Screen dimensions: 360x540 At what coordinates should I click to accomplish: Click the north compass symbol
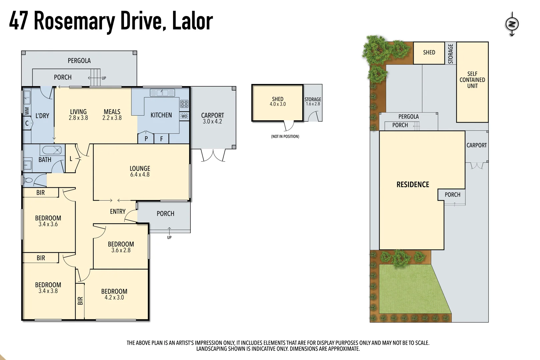pos(512,24)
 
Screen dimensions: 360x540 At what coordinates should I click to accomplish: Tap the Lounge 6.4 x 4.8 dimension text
pos(140,174)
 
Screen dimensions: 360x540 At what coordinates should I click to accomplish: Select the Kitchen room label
pos(161,115)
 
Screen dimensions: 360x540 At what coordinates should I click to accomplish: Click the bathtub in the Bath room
pos(52,150)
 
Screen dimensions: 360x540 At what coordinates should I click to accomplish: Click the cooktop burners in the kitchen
pos(184,104)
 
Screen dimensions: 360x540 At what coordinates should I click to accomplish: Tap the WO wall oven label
pos(184,116)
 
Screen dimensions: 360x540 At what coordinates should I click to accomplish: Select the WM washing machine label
pos(27,111)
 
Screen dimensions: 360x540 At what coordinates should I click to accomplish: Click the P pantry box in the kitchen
pos(146,139)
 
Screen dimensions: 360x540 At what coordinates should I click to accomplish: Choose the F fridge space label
pos(161,139)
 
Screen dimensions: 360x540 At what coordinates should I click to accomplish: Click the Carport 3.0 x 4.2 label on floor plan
pos(212,118)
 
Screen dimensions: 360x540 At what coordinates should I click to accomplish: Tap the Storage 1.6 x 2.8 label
pos(313,101)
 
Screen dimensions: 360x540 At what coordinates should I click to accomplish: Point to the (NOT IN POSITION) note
pos(285,136)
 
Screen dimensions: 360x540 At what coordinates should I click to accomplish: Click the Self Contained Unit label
pos(472,80)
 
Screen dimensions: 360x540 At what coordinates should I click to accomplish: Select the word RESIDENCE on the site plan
pos(413,184)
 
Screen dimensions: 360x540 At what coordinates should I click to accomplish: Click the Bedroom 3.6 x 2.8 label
pos(121,247)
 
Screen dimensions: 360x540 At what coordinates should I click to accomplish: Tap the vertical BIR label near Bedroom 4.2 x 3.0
pos(80,301)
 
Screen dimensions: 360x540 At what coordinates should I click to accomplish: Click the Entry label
pos(118,211)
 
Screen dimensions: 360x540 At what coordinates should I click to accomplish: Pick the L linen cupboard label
pos(71,159)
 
